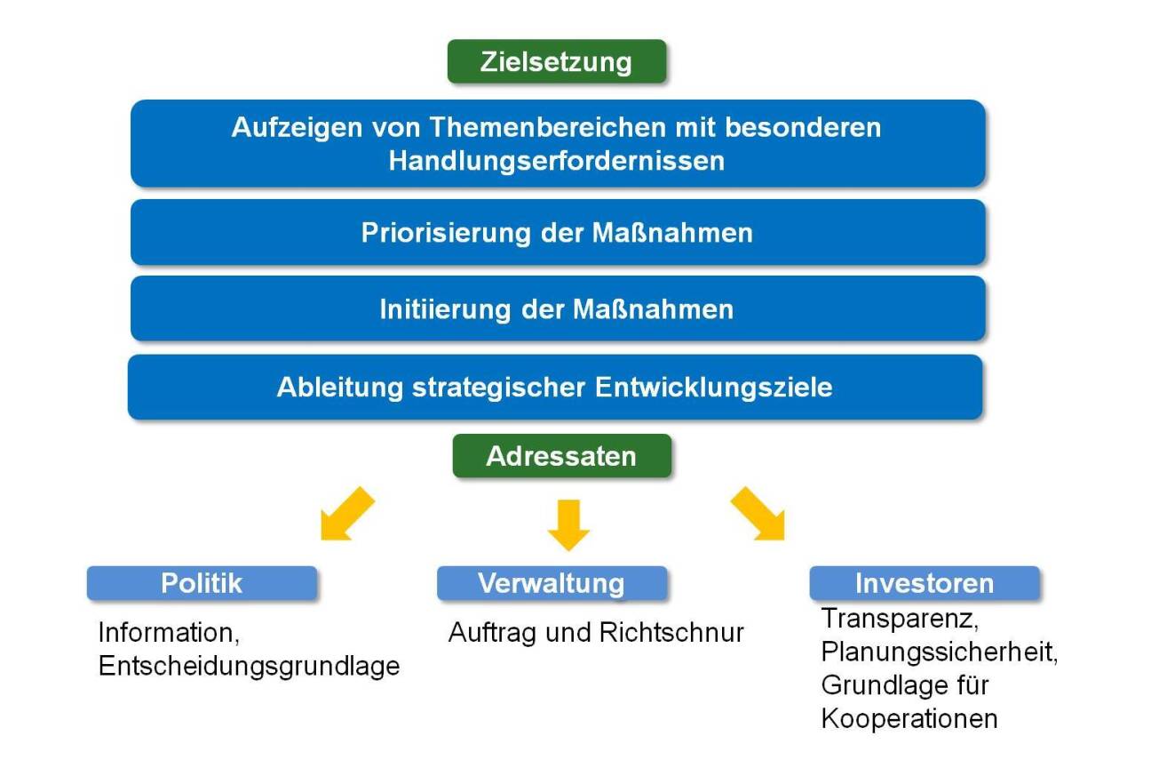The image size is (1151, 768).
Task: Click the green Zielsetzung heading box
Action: pyautogui.click(x=556, y=62)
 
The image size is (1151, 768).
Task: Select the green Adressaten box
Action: pyautogui.click(x=561, y=456)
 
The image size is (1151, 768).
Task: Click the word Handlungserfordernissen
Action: pyautogui.click(x=556, y=161)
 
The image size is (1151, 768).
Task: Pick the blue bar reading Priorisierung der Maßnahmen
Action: pyautogui.click(x=557, y=233)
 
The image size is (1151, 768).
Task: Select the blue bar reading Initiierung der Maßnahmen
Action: pyautogui.click(x=557, y=309)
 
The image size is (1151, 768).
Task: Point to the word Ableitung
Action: pyautogui.click(x=331, y=388)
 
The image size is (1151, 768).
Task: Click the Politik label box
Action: pyautogui.click(x=202, y=583)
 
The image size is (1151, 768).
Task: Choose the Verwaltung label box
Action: pyautogui.click(x=552, y=583)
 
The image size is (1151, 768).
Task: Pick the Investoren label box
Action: pyautogui.click(x=924, y=583)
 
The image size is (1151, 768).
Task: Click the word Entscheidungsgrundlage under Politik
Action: pyautogui.click(x=249, y=666)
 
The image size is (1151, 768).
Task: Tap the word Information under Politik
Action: pyautogui.click(x=164, y=633)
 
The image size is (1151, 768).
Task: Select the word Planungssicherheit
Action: pyautogui.click(x=940, y=652)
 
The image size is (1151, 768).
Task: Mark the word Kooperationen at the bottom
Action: pyautogui.click(x=909, y=718)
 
